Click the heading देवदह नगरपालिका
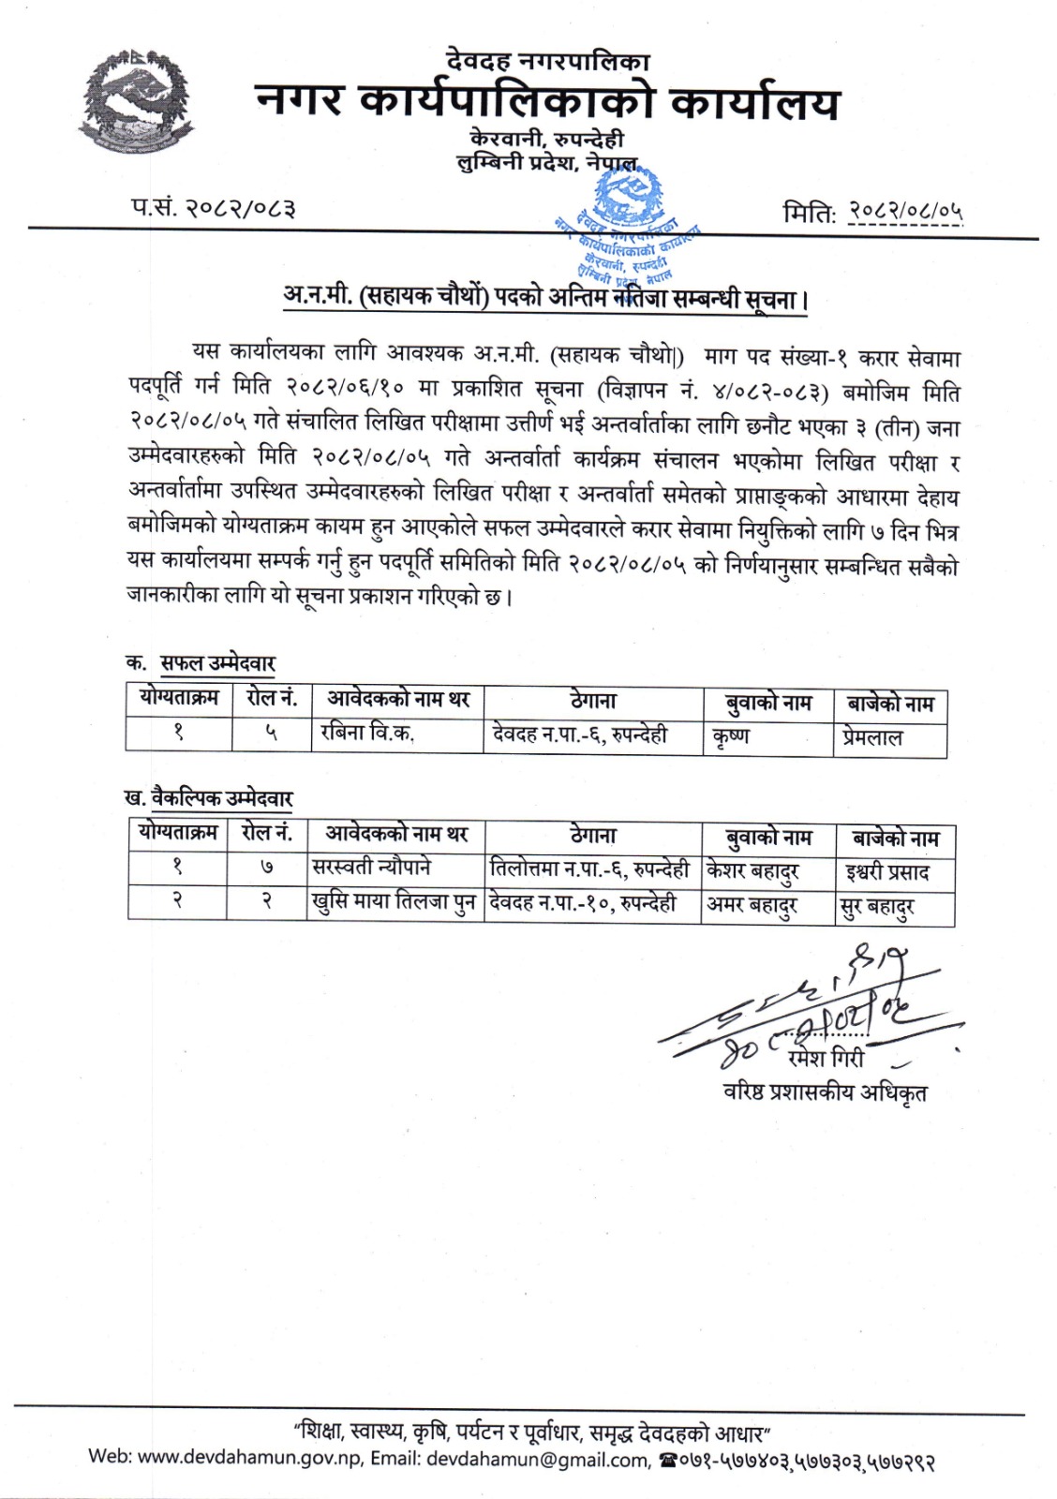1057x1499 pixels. click(x=548, y=63)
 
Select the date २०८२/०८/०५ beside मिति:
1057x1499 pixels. click(x=904, y=213)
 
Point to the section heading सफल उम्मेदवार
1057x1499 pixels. click(x=217, y=663)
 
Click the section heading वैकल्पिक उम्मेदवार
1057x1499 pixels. click(x=221, y=799)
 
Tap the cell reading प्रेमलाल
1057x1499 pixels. click(x=871, y=738)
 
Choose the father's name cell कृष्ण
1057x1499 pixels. click(x=731, y=736)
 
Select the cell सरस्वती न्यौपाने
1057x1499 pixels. click(x=371, y=868)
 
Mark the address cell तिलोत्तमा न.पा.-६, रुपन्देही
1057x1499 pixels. click(x=589, y=869)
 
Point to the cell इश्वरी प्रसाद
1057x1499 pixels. click(x=886, y=872)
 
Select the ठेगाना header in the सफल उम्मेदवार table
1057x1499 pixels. click(x=593, y=701)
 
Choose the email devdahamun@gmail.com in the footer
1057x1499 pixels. click(x=537, y=1460)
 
